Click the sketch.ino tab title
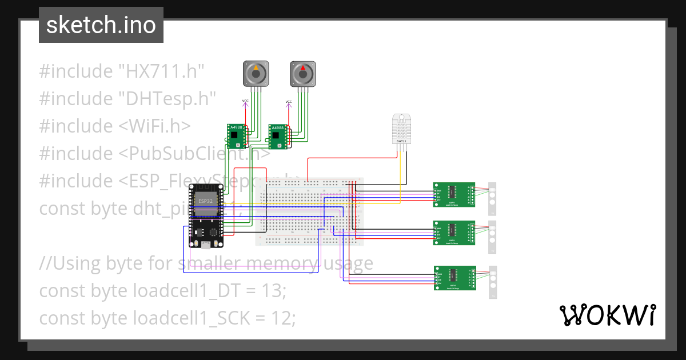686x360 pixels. coord(101,25)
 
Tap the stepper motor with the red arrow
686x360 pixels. coord(302,74)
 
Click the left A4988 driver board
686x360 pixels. coord(237,135)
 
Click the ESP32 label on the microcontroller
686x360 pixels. coord(204,201)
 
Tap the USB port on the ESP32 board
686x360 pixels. coord(205,244)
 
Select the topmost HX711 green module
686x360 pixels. coord(454,194)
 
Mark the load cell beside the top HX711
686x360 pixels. coord(492,198)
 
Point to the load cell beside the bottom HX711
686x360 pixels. coord(493,281)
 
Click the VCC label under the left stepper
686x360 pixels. coord(245,101)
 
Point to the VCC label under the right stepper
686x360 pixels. coord(289,102)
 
